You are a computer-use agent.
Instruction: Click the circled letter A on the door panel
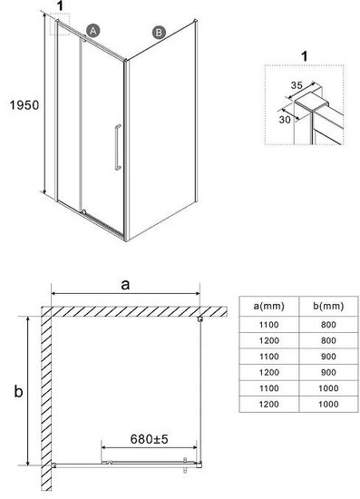[x=92, y=31]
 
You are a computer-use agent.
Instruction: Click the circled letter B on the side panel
[x=159, y=33]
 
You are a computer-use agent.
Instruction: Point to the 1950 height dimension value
[x=24, y=105]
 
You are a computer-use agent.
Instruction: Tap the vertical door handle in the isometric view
[x=118, y=147]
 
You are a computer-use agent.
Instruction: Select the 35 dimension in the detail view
[x=297, y=85]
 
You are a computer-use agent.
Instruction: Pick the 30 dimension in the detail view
[x=285, y=120]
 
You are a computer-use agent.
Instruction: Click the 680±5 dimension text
[x=149, y=439]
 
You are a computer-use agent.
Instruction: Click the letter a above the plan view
[x=126, y=284]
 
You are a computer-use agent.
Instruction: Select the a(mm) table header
[x=268, y=306]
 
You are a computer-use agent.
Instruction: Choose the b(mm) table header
[x=328, y=306]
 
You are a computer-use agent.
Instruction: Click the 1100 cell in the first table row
[x=268, y=325]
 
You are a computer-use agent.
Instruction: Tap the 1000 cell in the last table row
[x=328, y=404]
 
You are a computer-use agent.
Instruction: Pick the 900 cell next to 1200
[x=328, y=372]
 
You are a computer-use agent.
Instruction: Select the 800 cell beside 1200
[x=328, y=340]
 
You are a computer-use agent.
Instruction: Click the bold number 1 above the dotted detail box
[x=305, y=56]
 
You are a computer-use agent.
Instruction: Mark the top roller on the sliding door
[x=84, y=40]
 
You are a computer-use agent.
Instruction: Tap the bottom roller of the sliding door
[x=84, y=211]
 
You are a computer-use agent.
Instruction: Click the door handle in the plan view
[x=185, y=465]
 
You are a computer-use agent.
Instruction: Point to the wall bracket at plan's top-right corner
[x=200, y=318]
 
